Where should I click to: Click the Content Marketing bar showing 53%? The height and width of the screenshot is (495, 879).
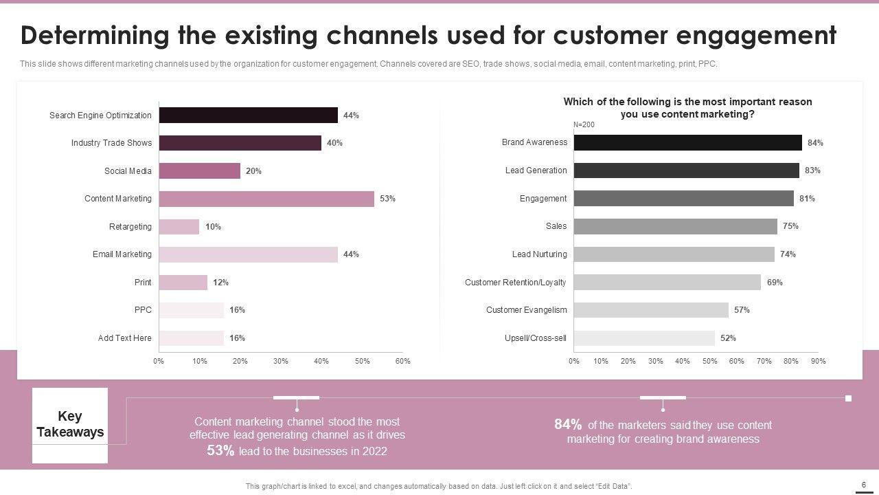pyautogui.click(x=266, y=199)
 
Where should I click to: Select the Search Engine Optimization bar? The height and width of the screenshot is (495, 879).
pyautogui.click(x=248, y=115)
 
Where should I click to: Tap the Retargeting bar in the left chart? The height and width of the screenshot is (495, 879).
pyautogui.click(x=179, y=227)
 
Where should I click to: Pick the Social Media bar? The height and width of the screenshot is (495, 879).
pyautogui.click(x=199, y=171)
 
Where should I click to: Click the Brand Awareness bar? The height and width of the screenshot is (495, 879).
pyautogui.click(x=687, y=143)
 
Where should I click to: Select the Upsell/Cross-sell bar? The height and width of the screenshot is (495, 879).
pyautogui.click(x=644, y=338)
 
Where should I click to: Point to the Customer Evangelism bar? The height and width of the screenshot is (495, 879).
pyautogui.click(x=651, y=310)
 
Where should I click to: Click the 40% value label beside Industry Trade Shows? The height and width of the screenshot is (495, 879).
pyautogui.click(x=334, y=143)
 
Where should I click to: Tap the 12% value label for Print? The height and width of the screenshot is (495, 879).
pyautogui.click(x=220, y=283)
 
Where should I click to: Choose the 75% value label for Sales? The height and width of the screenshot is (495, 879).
pyautogui.click(x=790, y=226)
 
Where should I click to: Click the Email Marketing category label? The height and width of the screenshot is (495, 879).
pyautogui.click(x=122, y=254)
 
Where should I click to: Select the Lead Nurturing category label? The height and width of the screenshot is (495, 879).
pyautogui.click(x=540, y=254)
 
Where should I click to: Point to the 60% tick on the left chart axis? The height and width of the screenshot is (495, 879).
pyautogui.click(x=403, y=362)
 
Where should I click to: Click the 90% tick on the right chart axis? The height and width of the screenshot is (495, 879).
pyautogui.click(x=818, y=362)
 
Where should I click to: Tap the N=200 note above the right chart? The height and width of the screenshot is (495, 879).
pyautogui.click(x=584, y=125)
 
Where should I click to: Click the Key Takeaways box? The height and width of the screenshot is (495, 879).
pyautogui.click(x=70, y=425)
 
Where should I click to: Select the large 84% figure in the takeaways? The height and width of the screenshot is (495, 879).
pyautogui.click(x=568, y=425)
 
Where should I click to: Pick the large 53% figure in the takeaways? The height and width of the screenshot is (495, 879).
pyautogui.click(x=220, y=451)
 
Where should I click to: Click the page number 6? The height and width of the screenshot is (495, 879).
pyautogui.click(x=863, y=485)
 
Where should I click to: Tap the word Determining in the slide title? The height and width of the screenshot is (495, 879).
pyautogui.click(x=95, y=35)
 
